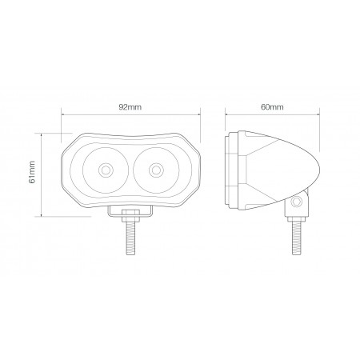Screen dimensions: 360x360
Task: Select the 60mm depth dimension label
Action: tap(272, 106)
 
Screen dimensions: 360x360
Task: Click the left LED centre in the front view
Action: tap(106, 170)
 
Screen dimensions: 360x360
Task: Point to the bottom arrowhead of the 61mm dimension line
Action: tap(41, 214)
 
